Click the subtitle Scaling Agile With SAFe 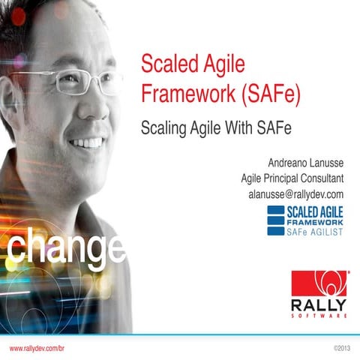(215, 128)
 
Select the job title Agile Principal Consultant (292, 178)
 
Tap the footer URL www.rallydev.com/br (38, 349)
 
